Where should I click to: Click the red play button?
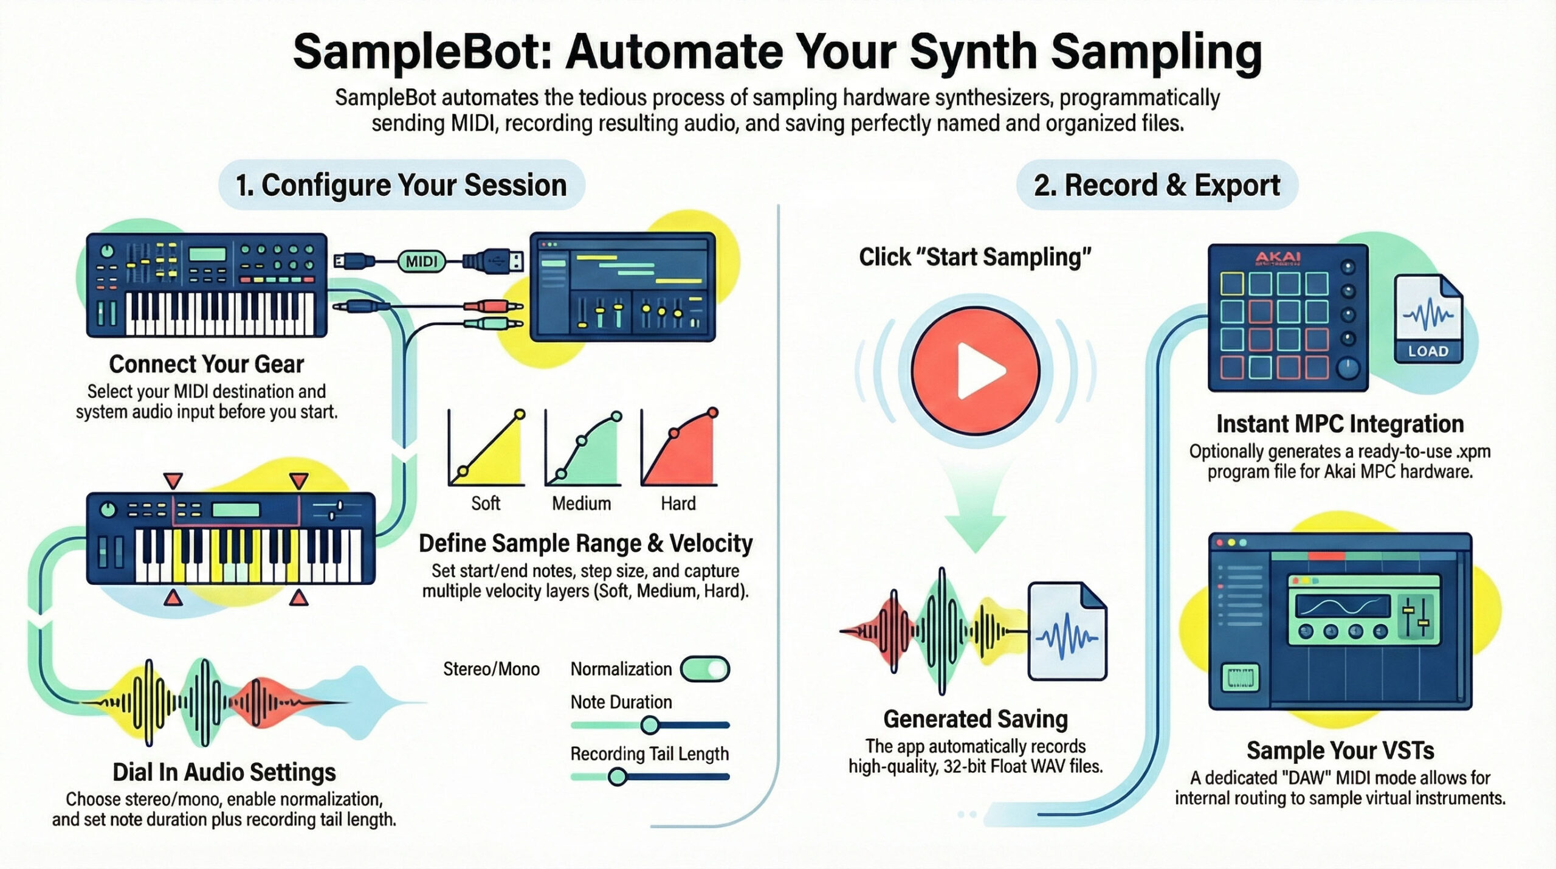(x=975, y=370)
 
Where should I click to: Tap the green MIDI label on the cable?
(x=421, y=261)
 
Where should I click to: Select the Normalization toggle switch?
(x=705, y=669)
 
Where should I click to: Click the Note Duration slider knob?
(x=649, y=724)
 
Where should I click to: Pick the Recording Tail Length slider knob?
(x=618, y=777)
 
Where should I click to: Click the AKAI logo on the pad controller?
(x=1278, y=258)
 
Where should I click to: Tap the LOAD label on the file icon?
(x=1428, y=351)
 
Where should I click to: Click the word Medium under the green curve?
(x=581, y=504)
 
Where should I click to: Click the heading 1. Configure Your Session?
(x=401, y=185)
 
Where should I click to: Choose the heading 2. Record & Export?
(x=1157, y=185)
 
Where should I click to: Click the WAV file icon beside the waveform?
(x=1067, y=632)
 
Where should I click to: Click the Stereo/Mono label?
(x=491, y=669)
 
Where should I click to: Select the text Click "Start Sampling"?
(x=975, y=257)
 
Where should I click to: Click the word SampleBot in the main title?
(x=414, y=52)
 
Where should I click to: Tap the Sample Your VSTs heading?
(x=1340, y=750)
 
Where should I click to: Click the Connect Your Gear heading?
(x=206, y=364)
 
